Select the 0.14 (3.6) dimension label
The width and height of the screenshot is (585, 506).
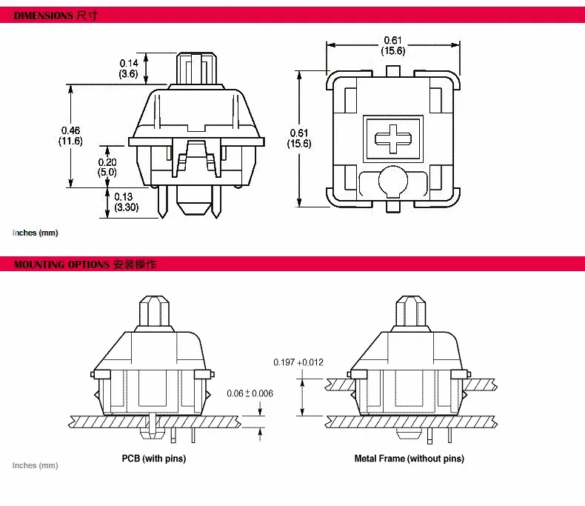129,69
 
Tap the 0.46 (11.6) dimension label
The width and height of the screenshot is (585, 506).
70,136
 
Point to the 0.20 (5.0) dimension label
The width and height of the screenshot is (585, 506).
107,167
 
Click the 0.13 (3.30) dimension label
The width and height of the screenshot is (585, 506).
126,202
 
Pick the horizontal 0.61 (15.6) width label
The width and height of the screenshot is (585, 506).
393,45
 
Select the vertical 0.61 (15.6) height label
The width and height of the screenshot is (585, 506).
299,139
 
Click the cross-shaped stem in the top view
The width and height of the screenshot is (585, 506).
393,139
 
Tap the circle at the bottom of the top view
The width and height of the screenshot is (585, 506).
393,181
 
